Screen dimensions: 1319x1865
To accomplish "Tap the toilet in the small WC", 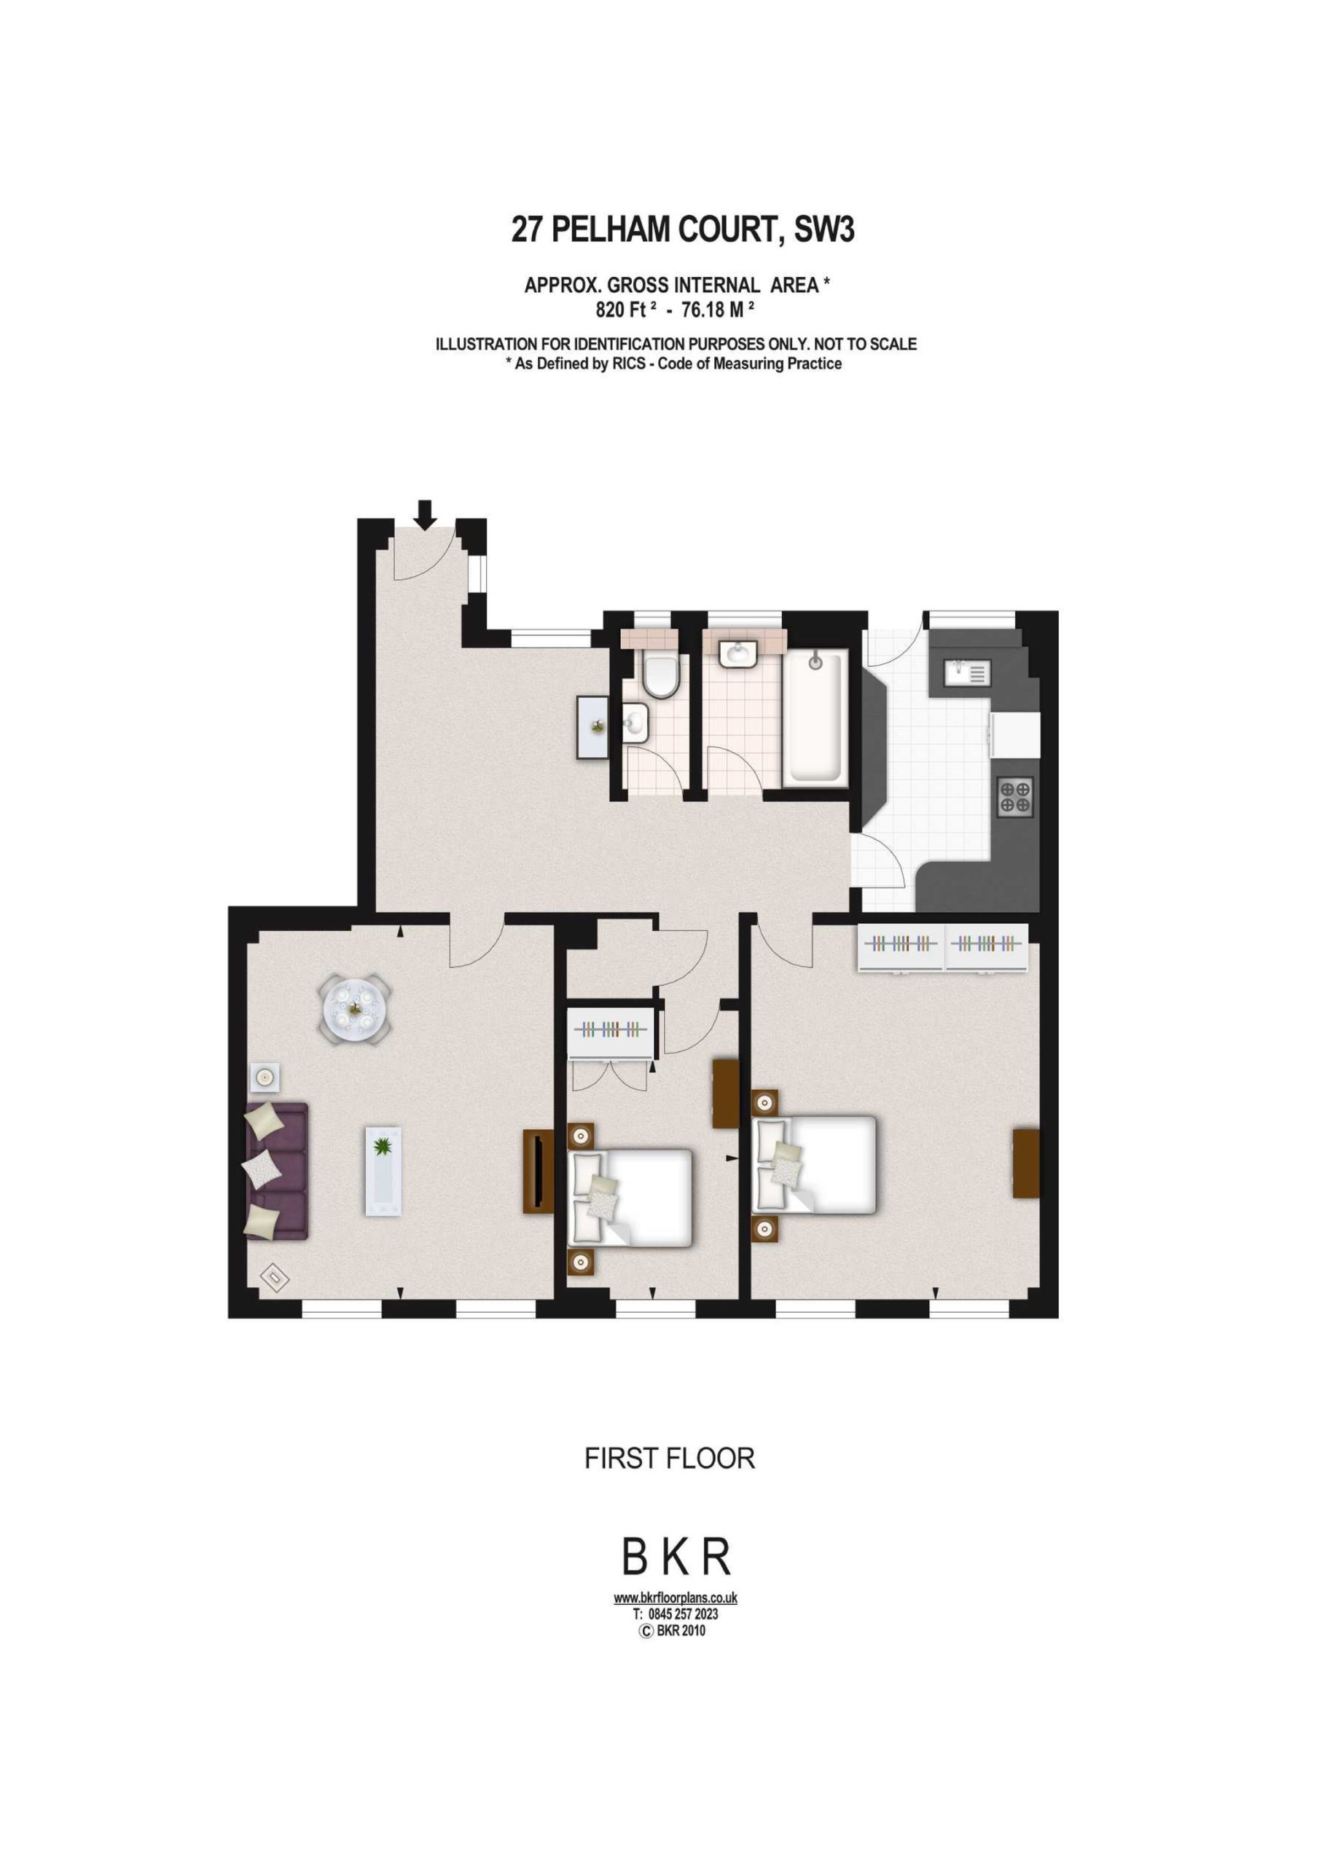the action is tap(661, 676).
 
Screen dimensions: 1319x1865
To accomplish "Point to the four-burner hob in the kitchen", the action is tap(1015, 796).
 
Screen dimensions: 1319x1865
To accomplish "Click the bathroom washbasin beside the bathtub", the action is tap(739, 652).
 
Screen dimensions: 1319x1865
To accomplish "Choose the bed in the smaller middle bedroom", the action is tap(630, 1197).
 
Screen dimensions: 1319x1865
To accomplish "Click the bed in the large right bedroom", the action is tap(815, 1165).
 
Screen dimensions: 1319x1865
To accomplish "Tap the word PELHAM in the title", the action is tap(611, 230).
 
